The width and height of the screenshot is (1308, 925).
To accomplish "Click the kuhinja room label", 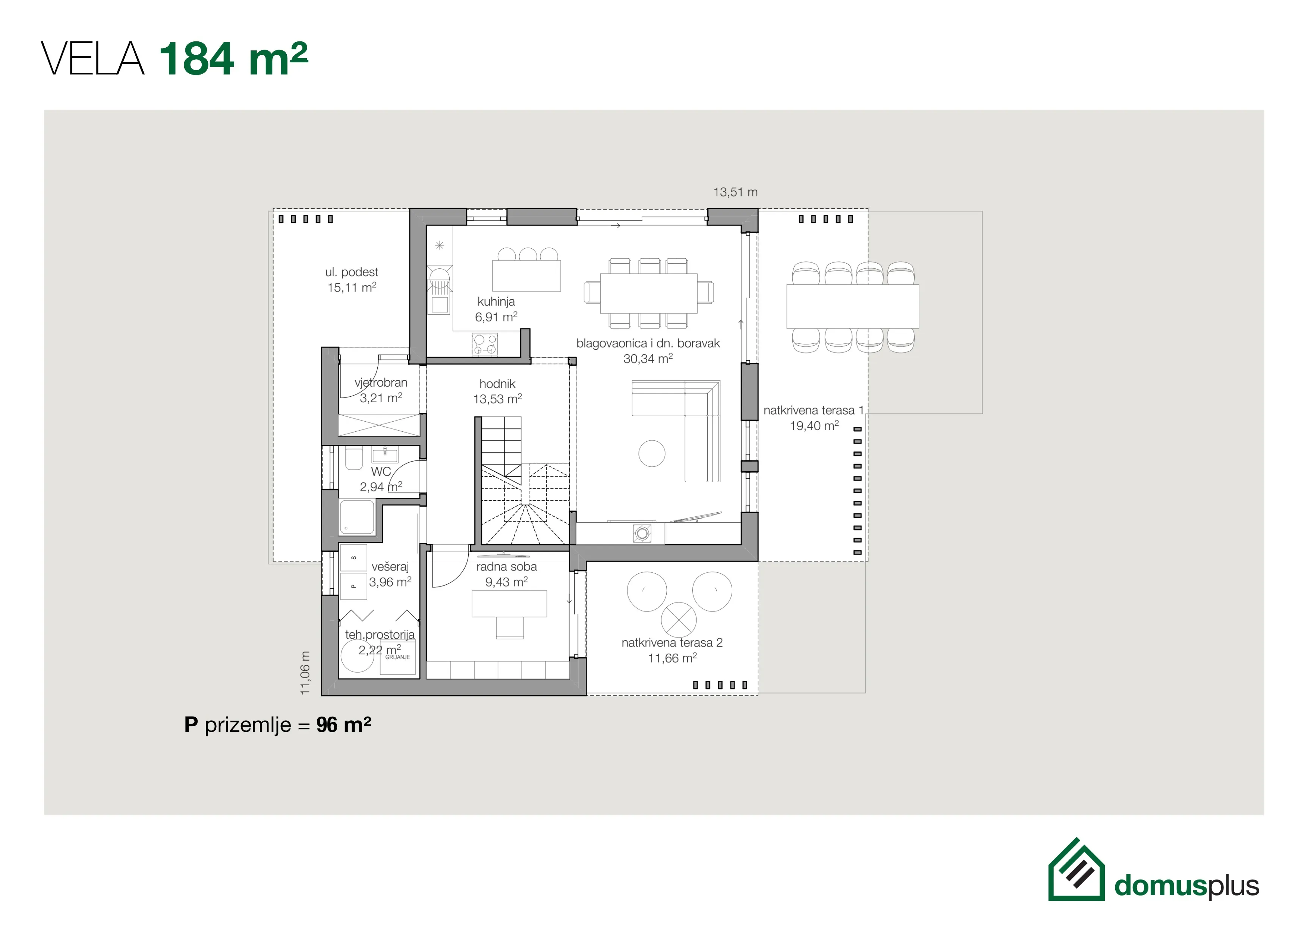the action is point(496,302).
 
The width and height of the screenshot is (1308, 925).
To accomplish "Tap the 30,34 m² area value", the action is point(648,358).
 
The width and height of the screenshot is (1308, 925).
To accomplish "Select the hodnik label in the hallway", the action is point(497,384).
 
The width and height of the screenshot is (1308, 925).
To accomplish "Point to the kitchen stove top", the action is point(485,344).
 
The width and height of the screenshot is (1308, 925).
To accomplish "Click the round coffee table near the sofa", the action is point(652,453).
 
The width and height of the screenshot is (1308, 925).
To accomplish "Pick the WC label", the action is point(381,472).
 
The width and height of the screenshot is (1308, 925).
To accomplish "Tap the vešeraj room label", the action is point(390,567).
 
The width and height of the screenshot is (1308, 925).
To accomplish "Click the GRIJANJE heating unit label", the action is point(397,657).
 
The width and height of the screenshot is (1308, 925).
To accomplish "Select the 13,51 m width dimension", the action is point(735,192).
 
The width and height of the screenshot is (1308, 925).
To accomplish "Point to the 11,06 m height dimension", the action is point(305,673).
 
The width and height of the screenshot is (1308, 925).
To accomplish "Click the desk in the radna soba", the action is point(509,604).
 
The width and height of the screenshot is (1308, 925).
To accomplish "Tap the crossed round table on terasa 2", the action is point(679,620).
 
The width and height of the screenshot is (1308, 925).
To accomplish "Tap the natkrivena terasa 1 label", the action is point(814,410).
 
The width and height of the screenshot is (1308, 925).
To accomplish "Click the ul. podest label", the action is point(352,272).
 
